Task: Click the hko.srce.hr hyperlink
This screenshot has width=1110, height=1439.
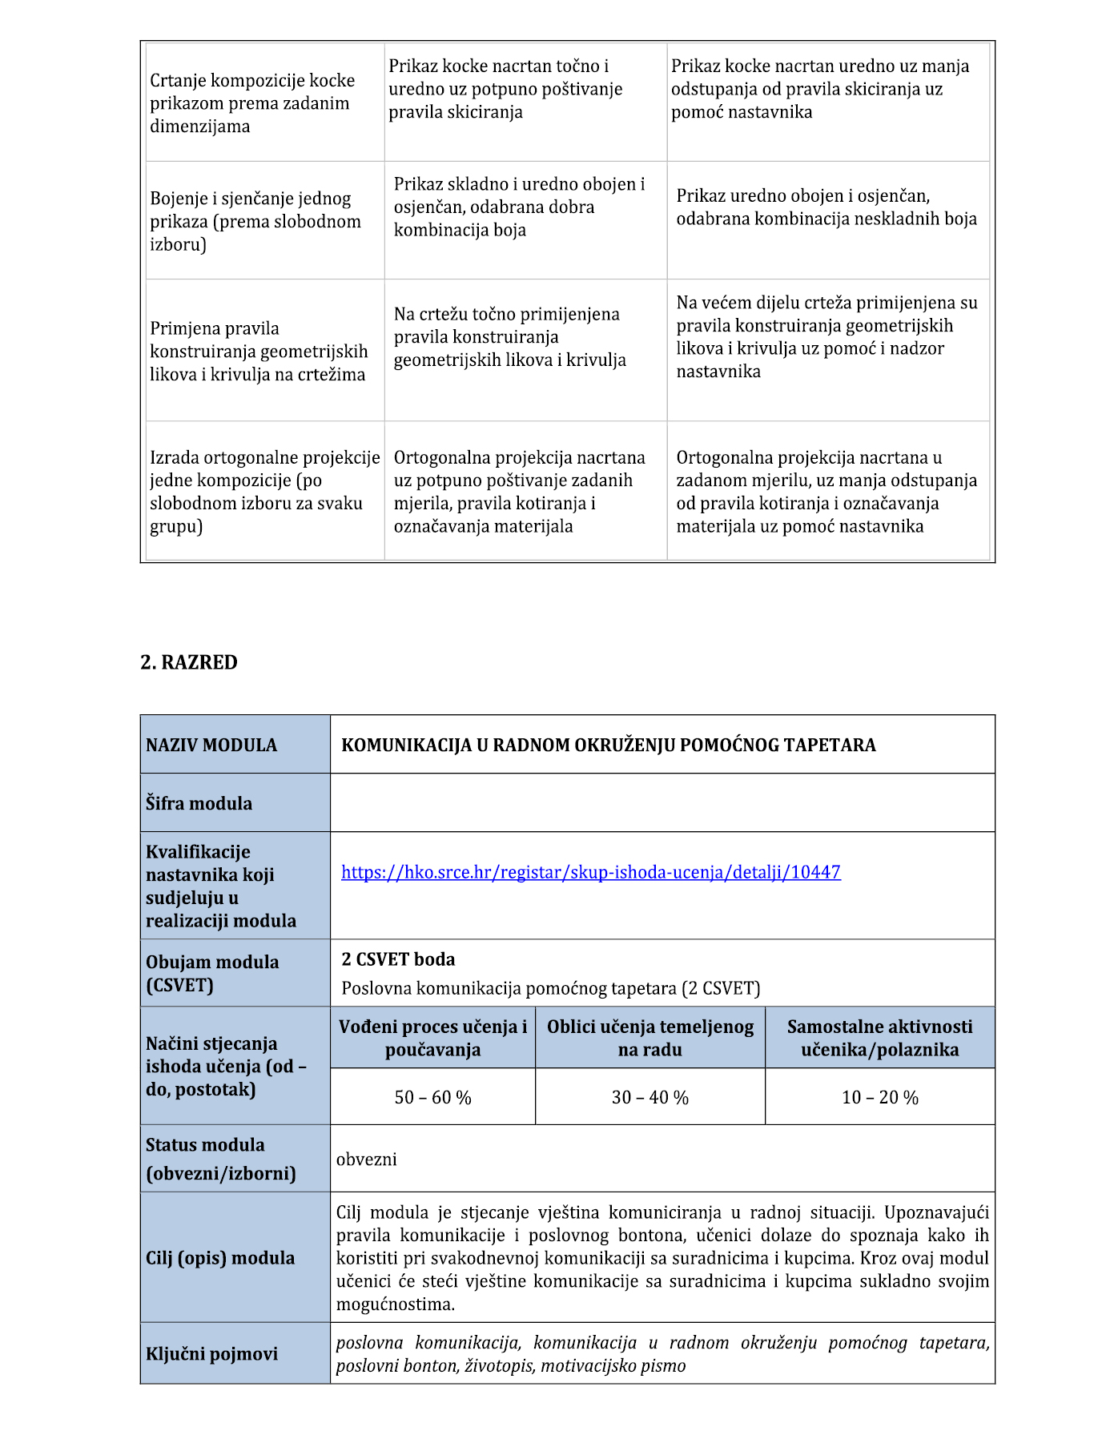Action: tap(590, 872)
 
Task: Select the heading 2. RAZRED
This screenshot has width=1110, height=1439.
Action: tap(189, 662)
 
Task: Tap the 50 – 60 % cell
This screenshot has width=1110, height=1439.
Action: tap(432, 1097)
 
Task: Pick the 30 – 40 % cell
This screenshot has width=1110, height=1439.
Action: tap(650, 1097)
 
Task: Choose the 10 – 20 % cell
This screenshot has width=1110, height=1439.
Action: tap(879, 1097)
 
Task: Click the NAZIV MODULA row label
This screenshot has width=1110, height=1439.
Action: tap(211, 745)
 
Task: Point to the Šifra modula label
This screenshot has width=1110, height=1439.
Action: tap(199, 803)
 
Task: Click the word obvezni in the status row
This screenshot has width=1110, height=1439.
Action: tap(367, 1159)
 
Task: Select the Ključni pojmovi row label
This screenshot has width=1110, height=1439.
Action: tap(211, 1353)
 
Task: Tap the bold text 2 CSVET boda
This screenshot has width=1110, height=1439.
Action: tap(398, 959)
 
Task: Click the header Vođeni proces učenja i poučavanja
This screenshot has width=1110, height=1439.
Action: tap(432, 1038)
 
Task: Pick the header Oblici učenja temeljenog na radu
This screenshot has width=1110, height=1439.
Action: tap(650, 1038)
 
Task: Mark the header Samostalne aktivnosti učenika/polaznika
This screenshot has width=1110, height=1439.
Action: tap(879, 1038)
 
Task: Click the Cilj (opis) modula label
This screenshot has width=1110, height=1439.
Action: tap(220, 1257)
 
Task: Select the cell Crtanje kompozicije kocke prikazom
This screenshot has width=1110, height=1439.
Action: tap(252, 103)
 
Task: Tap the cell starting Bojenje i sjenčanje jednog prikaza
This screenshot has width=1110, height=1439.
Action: tap(255, 221)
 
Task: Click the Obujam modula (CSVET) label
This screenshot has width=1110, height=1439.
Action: tap(212, 973)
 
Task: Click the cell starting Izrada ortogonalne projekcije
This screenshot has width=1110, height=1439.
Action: tap(264, 491)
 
